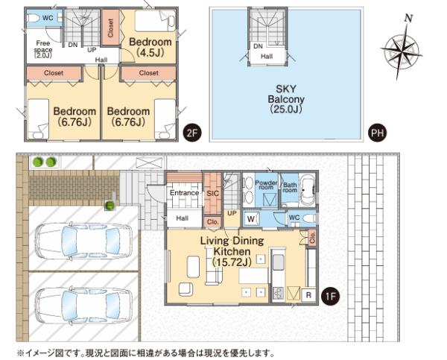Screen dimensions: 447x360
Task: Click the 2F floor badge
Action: coord(192,133)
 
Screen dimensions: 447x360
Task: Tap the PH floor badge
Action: coord(377,133)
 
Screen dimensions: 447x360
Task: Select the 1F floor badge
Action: coord(330,297)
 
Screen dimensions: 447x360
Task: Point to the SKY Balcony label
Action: coord(286,99)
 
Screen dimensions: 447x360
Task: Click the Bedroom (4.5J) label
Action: coord(150,47)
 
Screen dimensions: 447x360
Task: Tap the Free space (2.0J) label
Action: coord(42,49)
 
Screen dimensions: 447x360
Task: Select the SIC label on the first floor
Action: coord(212,194)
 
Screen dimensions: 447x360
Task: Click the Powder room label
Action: coord(266,185)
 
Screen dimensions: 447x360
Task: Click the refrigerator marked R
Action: coord(308,295)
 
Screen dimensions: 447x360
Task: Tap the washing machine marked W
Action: coord(251,219)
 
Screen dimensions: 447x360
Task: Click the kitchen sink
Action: coord(278,262)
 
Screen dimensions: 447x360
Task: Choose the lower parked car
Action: coord(83,306)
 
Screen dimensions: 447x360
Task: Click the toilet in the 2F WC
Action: coord(34,18)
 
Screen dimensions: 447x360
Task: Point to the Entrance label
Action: coord(184,193)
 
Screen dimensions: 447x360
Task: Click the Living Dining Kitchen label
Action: coord(232,251)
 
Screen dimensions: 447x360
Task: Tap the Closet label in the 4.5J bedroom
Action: coord(110,28)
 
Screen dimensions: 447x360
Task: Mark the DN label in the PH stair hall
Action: coord(258,46)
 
